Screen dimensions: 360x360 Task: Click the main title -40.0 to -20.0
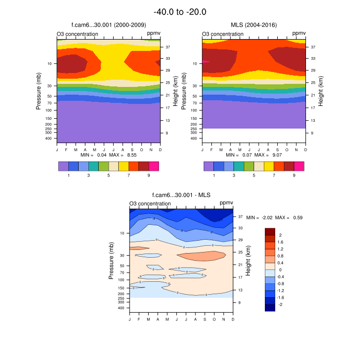click(180, 11)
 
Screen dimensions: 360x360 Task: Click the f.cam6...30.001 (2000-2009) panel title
click(109, 25)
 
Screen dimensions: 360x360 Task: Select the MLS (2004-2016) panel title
click(254, 25)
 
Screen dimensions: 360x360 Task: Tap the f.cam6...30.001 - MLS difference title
click(181, 195)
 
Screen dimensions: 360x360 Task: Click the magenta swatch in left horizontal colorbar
click(154, 166)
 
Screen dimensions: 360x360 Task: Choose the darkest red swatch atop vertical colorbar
click(271, 231)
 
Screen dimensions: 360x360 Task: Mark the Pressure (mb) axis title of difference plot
click(111, 261)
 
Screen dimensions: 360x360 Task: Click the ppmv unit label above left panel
click(154, 34)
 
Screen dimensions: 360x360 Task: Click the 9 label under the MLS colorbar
click(294, 175)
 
